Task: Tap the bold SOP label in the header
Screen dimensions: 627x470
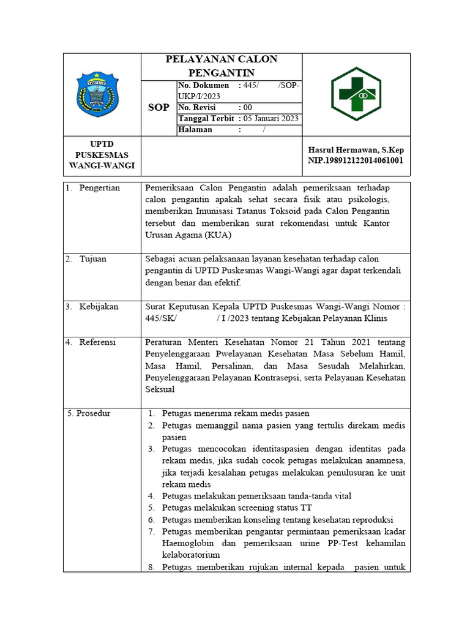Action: coord(159,108)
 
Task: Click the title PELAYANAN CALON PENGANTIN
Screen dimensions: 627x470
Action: coord(222,66)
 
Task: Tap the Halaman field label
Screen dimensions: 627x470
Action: coord(196,129)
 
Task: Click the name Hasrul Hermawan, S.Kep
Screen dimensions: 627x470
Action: coord(356,150)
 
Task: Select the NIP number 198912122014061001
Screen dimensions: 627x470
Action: coord(356,161)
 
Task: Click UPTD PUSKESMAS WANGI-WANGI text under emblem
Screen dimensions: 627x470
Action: coord(102,155)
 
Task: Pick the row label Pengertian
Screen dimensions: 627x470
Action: coord(99,187)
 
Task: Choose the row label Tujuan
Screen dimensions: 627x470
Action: coord(92,258)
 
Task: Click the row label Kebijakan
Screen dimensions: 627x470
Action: coord(99,306)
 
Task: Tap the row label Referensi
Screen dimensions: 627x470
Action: coord(97,342)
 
